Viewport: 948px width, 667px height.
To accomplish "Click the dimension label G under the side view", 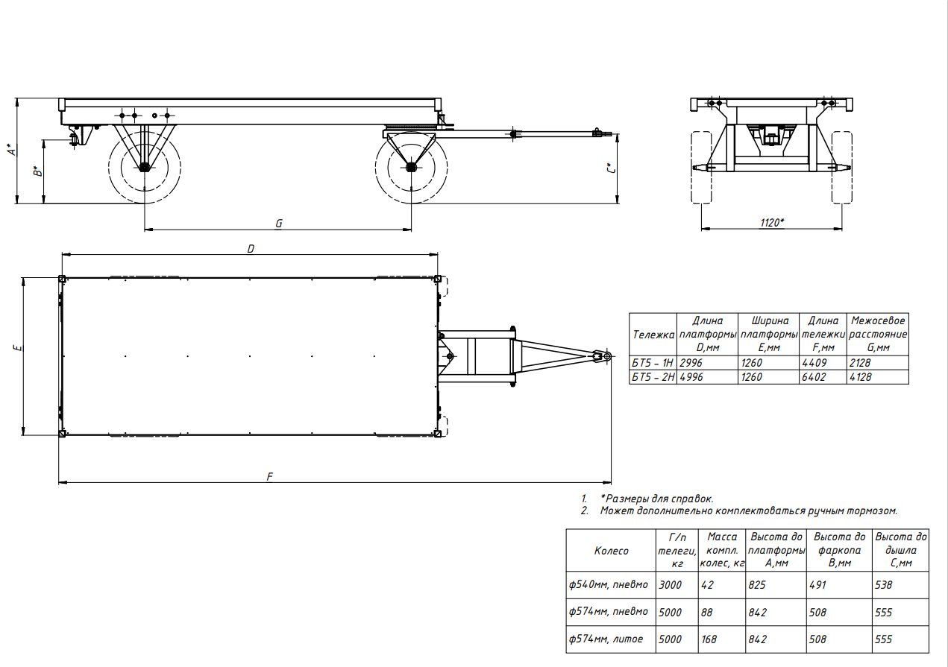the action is point(278,224).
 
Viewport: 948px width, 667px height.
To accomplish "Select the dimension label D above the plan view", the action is point(251,249).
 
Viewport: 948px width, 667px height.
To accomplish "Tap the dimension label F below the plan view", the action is point(269,477).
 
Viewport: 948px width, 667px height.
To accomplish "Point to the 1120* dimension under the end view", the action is point(772,223).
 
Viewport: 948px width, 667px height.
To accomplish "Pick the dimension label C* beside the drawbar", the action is point(611,168).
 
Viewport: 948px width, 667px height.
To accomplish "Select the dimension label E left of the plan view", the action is point(18,348).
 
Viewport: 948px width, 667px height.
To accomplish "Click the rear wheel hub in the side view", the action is point(144,167).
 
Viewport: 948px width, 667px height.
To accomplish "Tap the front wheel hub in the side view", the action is point(411,167).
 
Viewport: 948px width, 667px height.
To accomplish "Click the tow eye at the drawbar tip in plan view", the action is point(607,356).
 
